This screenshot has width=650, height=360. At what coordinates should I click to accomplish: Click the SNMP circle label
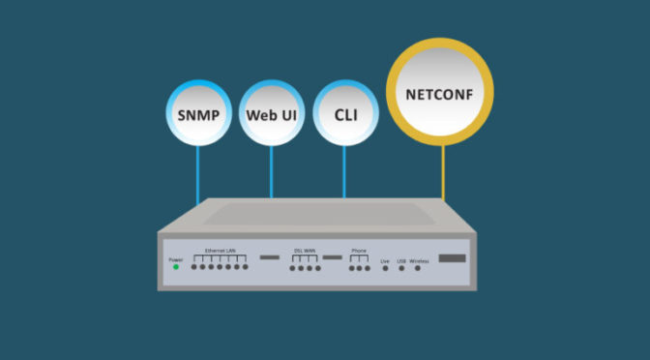[x=197, y=114]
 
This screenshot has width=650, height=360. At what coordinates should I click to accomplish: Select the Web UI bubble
[x=271, y=114]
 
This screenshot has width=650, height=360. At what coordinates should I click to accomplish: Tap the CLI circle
[x=345, y=114]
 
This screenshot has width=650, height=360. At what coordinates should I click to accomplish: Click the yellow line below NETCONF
[x=444, y=174]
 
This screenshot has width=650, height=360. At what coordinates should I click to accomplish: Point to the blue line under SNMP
[x=197, y=175]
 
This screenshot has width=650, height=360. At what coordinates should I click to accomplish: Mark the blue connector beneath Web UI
[x=271, y=175]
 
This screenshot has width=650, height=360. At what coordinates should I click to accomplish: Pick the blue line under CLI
[x=345, y=175]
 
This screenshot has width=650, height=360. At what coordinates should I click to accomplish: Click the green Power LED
[x=176, y=267]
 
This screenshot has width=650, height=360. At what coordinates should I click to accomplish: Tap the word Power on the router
[x=176, y=259]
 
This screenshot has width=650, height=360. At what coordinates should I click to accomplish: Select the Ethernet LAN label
[x=221, y=251]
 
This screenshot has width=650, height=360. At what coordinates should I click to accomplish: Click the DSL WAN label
[x=307, y=251]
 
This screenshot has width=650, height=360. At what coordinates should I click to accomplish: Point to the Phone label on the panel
[x=359, y=251]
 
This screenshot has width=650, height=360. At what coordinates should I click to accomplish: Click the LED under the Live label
[x=386, y=267]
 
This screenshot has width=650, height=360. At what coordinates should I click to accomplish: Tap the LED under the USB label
[x=401, y=267]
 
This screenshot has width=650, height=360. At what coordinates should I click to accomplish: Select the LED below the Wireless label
[x=418, y=267]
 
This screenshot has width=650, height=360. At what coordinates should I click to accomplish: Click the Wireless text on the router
[x=418, y=259]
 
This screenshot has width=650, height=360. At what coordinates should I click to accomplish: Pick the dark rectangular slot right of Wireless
[x=453, y=259]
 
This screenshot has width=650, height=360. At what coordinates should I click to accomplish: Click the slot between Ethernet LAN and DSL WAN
[x=268, y=258]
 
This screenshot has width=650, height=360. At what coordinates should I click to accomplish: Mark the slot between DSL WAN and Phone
[x=333, y=258]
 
